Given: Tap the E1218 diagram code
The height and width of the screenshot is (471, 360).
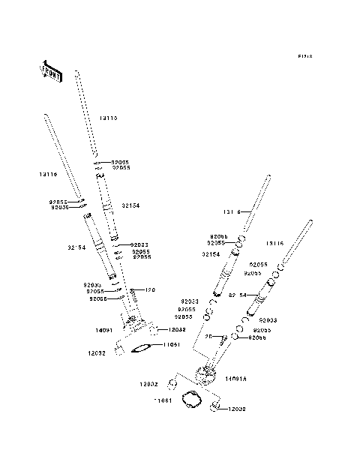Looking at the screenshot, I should (304, 56).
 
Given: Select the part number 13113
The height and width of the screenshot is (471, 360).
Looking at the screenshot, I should (109, 118).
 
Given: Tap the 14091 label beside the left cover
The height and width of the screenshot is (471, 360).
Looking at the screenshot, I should (103, 329).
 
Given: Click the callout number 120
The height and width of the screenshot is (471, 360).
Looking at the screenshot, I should (149, 289).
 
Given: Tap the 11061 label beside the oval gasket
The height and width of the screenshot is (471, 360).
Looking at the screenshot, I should (170, 344).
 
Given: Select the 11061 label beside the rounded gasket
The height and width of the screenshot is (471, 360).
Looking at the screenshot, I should (163, 401).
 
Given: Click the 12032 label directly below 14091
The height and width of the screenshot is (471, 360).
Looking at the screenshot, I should (97, 352).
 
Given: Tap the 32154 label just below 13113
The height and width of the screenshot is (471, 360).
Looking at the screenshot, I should (130, 205).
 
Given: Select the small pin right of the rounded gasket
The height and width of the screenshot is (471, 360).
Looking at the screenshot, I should (215, 406).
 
